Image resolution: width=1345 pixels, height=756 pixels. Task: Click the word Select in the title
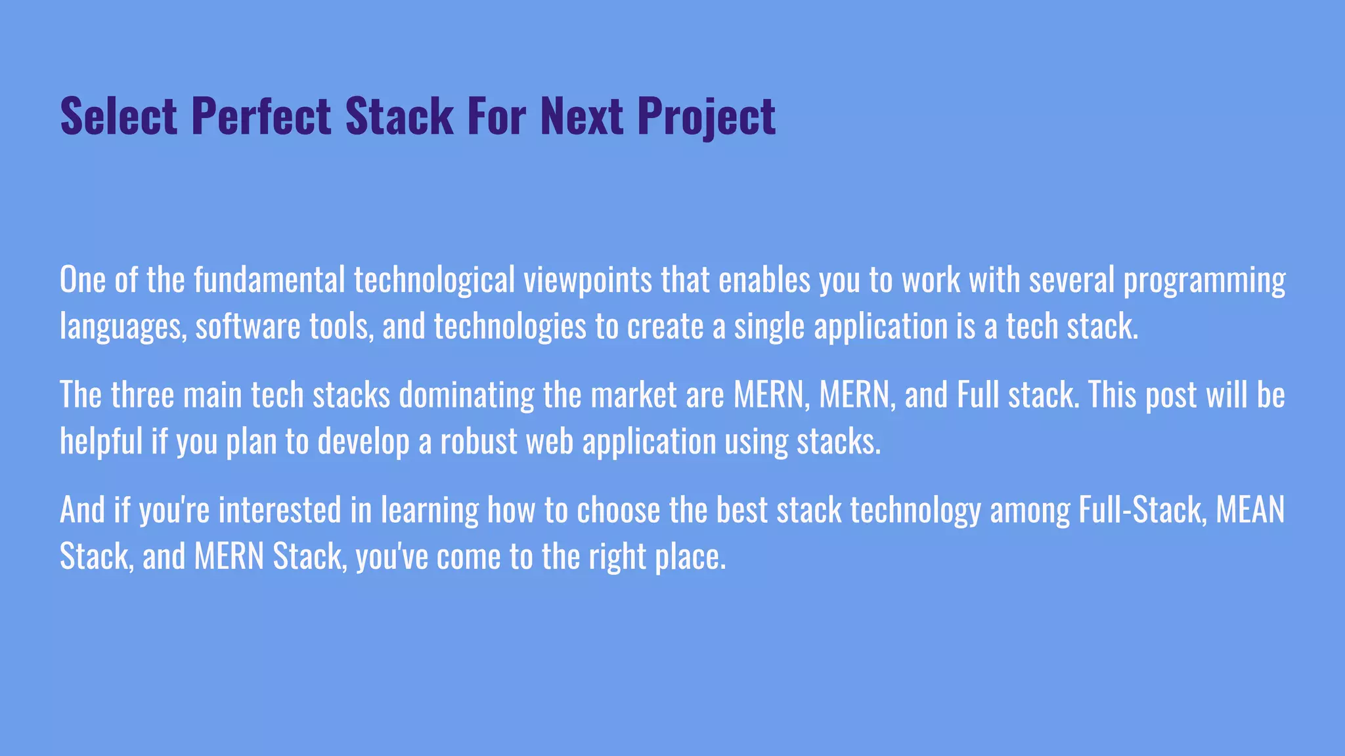pyautogui.click(x=119, y=117)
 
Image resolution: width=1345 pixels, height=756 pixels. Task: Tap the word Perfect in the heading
pyautogui.click(x=261, y=117)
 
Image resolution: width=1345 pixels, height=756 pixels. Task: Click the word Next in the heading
pyautogui.click(x=581, y=117)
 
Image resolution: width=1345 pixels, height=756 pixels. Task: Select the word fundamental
pyautogui.click(x=269, y=280)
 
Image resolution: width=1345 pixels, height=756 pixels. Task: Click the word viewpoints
pyautogui.click(x=588, y=280)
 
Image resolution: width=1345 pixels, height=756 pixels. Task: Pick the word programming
pyautogui.click(x=1204, y=280)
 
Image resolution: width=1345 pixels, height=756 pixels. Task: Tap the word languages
pyautogui.click(x=123, y=326)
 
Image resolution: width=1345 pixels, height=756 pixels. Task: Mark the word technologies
pyautogui.click(x=510, y=326)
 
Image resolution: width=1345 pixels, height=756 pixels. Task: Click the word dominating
pyautogui.click(x=466, y=395)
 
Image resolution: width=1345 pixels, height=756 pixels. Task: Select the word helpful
pyautogui.click(x=101, y=441)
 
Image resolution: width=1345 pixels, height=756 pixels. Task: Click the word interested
pyautogui.click(x=280, y=511)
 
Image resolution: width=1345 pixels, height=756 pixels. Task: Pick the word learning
pyautogui.click(x=430, y=511)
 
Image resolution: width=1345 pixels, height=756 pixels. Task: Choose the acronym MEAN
pyautogui.click(x=1250, y=511)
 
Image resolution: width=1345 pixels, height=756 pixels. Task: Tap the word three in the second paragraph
pyautogui.click(x=143, y=395)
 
